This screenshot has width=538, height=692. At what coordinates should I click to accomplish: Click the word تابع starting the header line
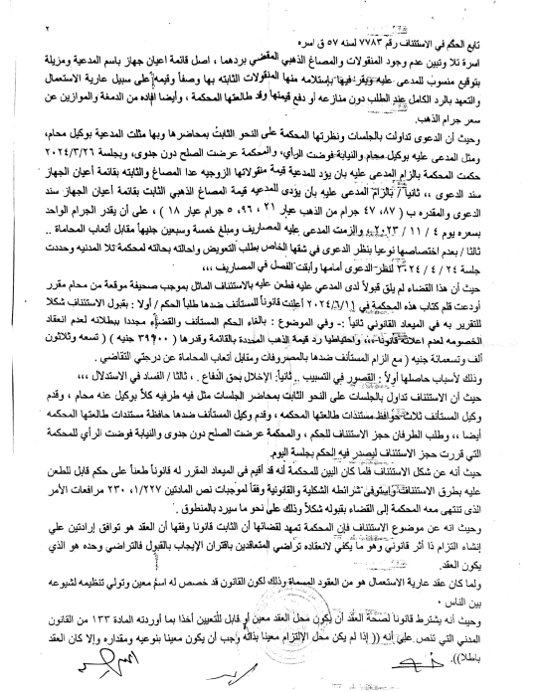(502, 20)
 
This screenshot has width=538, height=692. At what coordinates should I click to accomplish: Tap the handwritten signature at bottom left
(80, 662)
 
